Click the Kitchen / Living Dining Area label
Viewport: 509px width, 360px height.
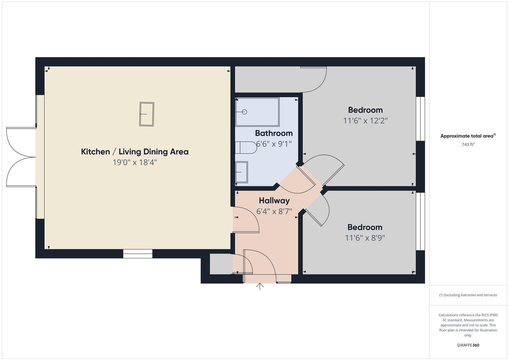tap(135, 152)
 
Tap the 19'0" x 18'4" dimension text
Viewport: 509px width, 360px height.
tap(135, 163)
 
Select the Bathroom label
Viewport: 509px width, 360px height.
tap(274, 133)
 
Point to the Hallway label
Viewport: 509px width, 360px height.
tap(274, 201)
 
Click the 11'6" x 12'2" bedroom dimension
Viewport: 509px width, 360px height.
tap(365, 121)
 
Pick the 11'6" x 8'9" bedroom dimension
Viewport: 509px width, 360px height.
tap(365, 238)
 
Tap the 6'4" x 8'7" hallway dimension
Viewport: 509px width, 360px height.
tap(274, 211)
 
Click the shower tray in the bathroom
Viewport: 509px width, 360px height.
tap(257, 112)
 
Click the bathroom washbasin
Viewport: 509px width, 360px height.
tap(241, 172)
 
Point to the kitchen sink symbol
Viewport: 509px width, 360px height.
tap(147, 114)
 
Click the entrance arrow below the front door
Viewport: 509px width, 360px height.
tap(260, 286)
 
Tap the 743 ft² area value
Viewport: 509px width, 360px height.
tap(468, 145)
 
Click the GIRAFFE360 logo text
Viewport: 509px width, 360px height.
tap(468, 345)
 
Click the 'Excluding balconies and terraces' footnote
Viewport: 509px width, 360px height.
tap(468, 295)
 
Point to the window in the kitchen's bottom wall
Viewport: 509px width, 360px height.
tap(138, 254)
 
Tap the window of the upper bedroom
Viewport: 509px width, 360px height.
tap(420, 119)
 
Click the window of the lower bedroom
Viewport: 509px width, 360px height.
tap(420, 221)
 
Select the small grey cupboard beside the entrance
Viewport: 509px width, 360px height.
tap(221, 264)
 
